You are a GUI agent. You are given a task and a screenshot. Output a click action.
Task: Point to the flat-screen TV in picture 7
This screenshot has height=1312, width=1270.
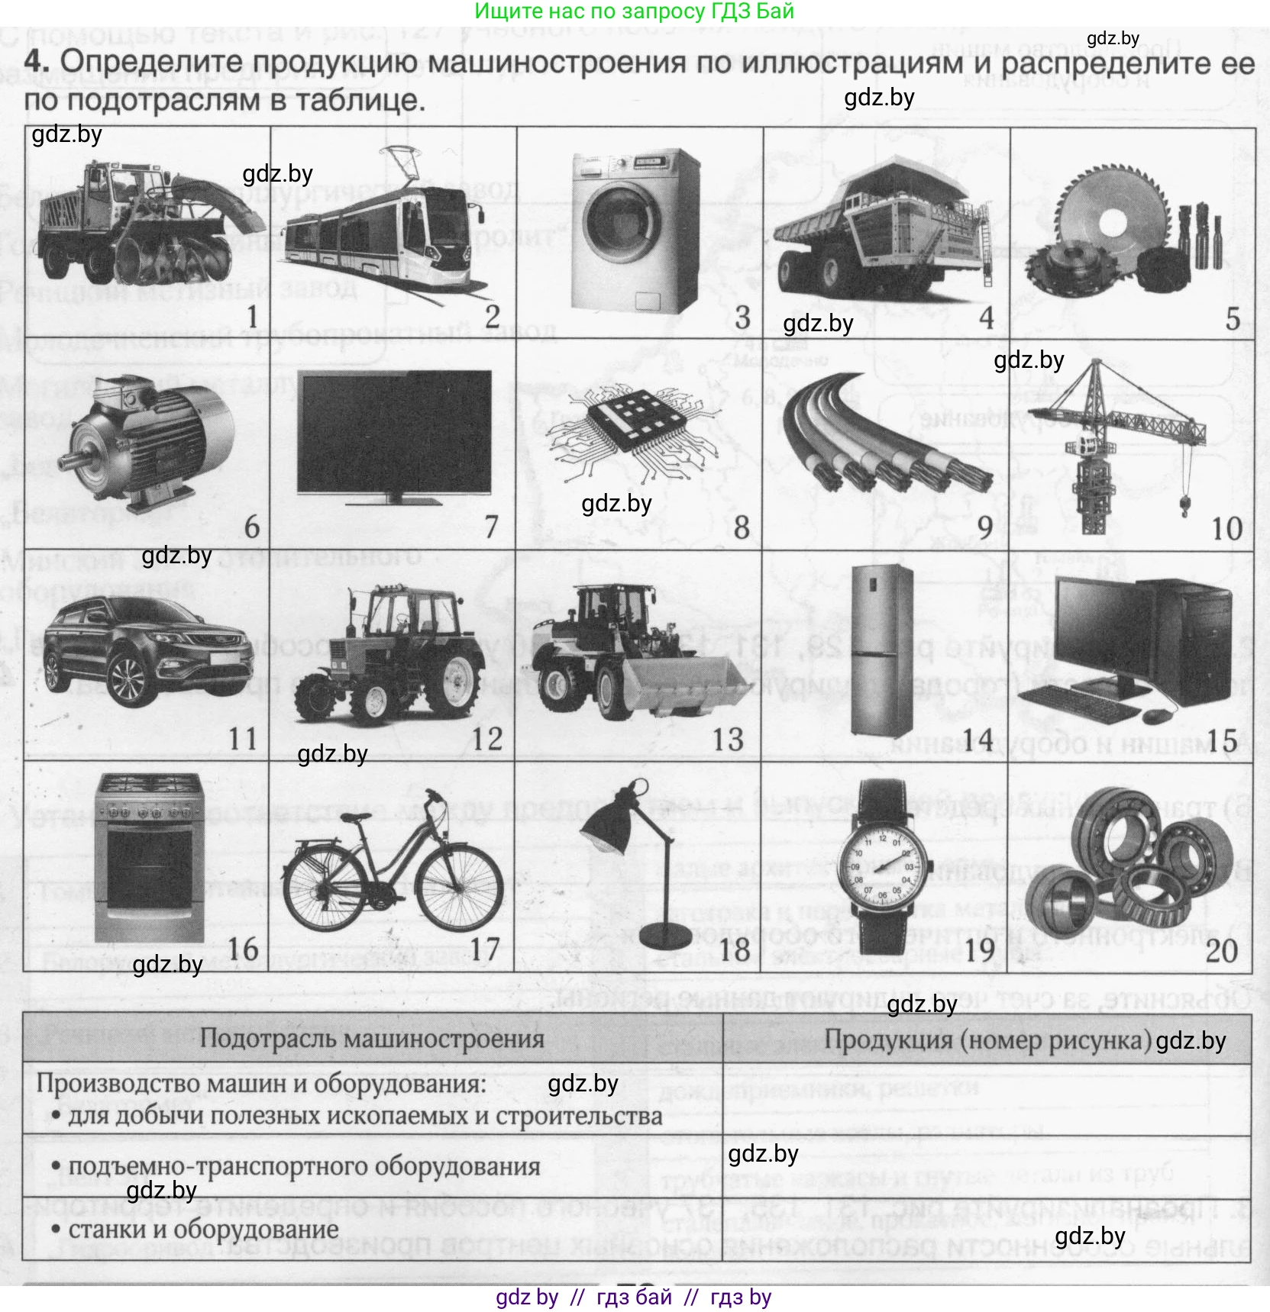pos(394,434)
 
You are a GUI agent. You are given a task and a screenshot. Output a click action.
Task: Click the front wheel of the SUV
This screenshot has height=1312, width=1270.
pos(126,679)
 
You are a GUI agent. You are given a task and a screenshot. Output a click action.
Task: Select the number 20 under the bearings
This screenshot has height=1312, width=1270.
pos(1221,951)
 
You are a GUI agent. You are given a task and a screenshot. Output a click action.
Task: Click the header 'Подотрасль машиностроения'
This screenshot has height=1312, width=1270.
pos(372,1038)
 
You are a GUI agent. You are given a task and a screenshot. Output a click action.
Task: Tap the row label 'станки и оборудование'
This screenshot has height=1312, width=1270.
pos(203,1230)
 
